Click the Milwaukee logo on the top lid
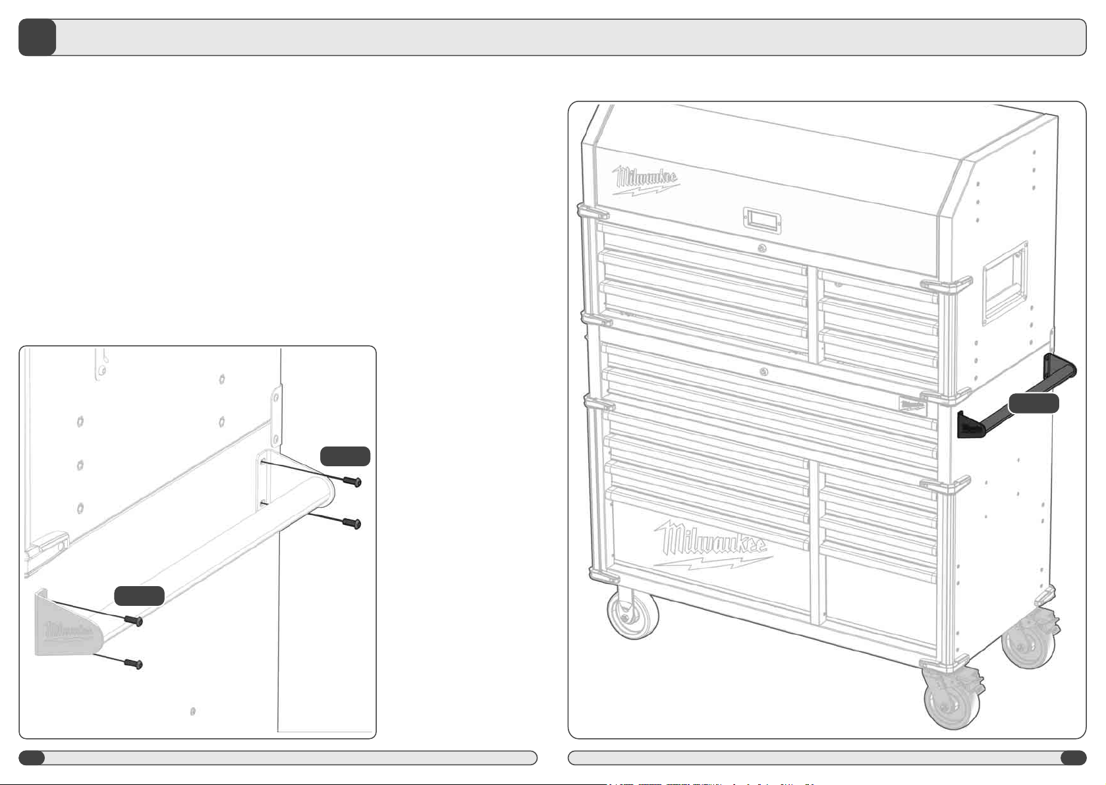pyautogui.click(x=647, y=180)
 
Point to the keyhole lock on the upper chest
pyautogui.click(x=762, y=248)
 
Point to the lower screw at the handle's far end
pyautogui.click(x=354, y=524)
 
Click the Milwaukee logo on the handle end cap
pyautogui.click(x=68, y=630)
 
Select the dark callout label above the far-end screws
pyautogui.click(x=345, y=456)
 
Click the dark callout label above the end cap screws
pyautogui.click(x=139, y=595)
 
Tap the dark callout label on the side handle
pyautogui.click(x=1034, y=404)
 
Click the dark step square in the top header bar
pyautogui.click(x=37, y=38)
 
